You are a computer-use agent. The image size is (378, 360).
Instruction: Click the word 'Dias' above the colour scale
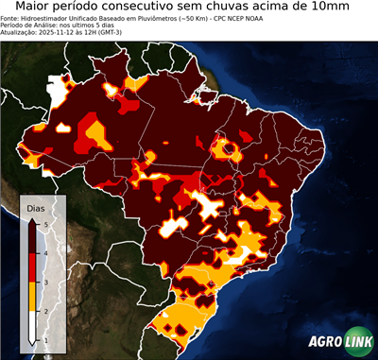pyautogui.click(x=36, y=207)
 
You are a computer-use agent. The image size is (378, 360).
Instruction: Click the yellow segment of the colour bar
pyautogui.click(x=32, y=296)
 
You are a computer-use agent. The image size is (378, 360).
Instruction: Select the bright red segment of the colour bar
pyautogui.click(x=32, y=267)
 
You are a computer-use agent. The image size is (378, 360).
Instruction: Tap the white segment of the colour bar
pyautogui.click(x=32, y=325)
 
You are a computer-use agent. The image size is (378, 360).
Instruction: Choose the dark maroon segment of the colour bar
pyautogui.click(x=32, y=238)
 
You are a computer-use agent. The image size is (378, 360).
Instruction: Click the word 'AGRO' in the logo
pyautogui.click(x=325, y=342)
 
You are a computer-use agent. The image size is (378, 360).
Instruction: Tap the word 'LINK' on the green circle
pyautogui.click(x=359, y=342)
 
